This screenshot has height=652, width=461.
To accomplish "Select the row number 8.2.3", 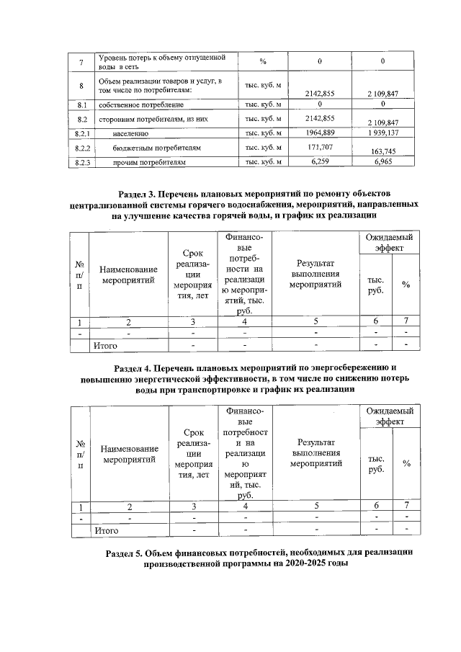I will point(82,164).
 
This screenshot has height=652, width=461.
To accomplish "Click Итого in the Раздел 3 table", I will point(106,346).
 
